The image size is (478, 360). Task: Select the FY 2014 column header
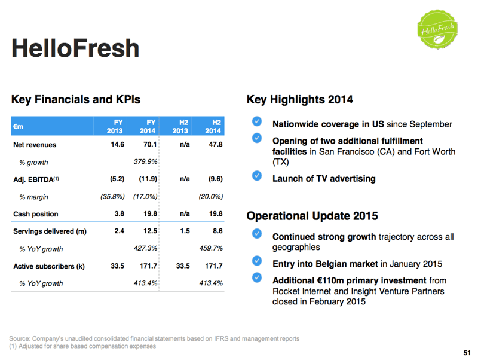tap(148, 126)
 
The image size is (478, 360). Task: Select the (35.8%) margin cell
tap(112, 197)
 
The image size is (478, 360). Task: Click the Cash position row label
tap(36, 214)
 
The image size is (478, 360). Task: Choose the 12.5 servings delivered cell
tap(149, 231)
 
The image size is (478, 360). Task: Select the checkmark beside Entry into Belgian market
tap(256, 261)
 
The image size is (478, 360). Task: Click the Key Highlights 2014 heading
tap(299, 100)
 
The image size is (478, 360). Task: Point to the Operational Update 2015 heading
tap(312, 216)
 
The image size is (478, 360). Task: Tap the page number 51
tap(467, 352)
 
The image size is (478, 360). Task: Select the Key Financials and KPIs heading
tap(75, 100)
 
